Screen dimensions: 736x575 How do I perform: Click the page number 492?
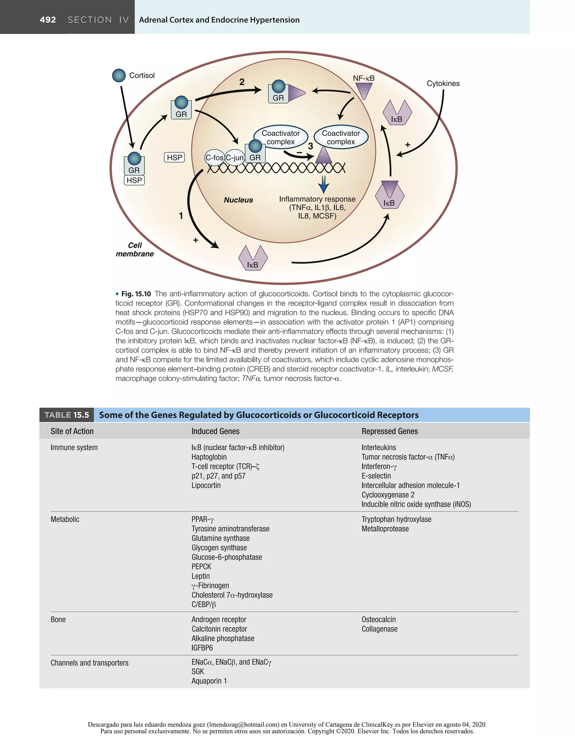(x=47, y=20)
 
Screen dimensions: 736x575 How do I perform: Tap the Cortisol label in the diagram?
(x=142, y=76)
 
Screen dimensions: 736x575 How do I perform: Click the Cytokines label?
(x=443, y=84)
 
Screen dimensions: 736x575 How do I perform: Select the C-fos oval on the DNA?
(x=214, y=158)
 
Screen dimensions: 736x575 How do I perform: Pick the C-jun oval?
(x=234, y=158)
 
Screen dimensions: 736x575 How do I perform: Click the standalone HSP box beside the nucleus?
(x=174, y=157)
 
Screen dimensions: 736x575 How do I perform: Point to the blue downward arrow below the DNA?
(x=324, y=184)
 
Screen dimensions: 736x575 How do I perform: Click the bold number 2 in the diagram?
(x=242, y=82)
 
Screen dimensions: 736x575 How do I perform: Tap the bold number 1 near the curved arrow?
(x=181, y=216)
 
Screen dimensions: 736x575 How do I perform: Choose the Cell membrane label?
(x=135, y=249)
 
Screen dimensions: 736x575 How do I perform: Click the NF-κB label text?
(x=364, y=78)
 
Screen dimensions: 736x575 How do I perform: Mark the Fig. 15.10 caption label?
(x=136, y=294)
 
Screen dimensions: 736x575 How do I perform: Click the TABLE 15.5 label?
(x=67, y=415)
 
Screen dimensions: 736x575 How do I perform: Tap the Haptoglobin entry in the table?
(x=209, y=457)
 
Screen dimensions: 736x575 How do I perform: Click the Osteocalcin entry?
(x=379, y=619)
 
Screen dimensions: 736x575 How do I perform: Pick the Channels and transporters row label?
(x=90, y=663)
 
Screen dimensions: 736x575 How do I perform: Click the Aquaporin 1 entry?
(x=209, y=681)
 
